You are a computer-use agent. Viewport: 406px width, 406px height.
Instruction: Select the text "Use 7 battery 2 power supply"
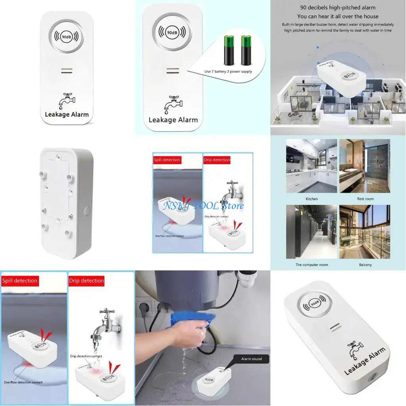pos(228,72)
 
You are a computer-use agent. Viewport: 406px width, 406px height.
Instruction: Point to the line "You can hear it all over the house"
pos(338,16)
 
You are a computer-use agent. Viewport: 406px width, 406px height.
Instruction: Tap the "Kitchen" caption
pos(312,199)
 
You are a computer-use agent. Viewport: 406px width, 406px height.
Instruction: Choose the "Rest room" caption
pos(365,199)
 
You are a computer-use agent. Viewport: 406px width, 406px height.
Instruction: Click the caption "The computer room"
pos(312,264)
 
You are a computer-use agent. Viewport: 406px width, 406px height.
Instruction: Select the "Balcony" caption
pos(365,264)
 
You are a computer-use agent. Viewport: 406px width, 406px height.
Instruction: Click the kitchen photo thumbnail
pos(312,166)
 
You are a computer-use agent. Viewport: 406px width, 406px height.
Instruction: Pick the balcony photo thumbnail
pos(365,232)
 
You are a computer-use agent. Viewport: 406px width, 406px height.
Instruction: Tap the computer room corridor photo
pos(312,232)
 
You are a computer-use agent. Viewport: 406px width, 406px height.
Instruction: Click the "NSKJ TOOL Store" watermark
pos(203,205)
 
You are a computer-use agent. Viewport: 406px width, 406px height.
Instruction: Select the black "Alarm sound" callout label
pos(252,359)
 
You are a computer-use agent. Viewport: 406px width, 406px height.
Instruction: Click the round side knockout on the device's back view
pos(86,211)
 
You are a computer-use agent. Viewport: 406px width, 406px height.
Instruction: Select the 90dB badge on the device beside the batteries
pos(172,32)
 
